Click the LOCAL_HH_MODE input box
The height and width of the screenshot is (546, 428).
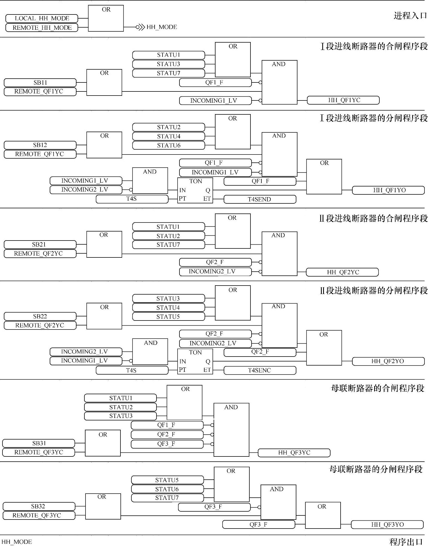(x=42, y=19)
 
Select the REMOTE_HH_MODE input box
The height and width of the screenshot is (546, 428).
(x=42, y=28)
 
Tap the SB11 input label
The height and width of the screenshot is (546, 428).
(x=40, y=82)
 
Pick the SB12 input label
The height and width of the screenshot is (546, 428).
(x=40, y=145)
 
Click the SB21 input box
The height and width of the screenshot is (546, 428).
(x=40, y=244)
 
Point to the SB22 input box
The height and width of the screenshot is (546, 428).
(x=40, y=316)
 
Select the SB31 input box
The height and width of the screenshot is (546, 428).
(x=39, y=443)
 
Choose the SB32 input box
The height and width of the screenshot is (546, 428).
(x=39, y=506)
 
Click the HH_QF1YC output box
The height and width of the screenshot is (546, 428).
(x=343, y=100)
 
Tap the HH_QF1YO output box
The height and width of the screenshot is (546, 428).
(x=388, y=190)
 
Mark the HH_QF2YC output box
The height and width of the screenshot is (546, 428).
(x=342, y=272)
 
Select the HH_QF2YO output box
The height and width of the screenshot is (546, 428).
(x=388, y=361)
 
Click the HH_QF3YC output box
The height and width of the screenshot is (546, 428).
(x=294, y=453)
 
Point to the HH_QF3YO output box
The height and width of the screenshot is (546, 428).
(x=387, y=524)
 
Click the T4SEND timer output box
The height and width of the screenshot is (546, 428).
(x=260, y=199)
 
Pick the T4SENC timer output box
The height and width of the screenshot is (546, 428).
(x=260, y=370)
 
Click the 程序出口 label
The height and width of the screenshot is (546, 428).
(x=406, y=542)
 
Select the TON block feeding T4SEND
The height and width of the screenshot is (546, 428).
(x=195, y=191)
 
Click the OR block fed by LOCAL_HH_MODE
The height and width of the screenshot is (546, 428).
(x=106, y=18)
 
